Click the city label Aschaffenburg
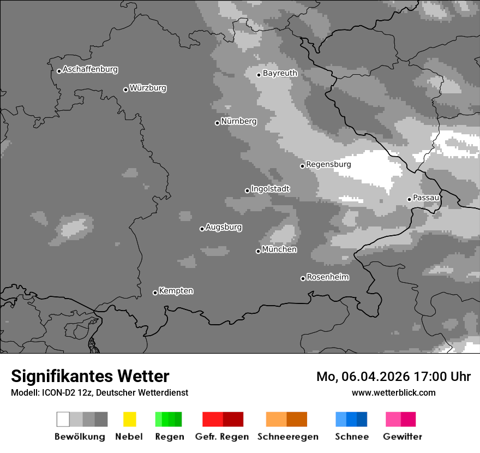tap(90, 69)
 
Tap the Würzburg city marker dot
tap(125, 90)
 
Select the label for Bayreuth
tap(280, 73)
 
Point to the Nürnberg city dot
tap(217, 123)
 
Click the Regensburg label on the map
tap(328, 164)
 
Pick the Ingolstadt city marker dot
tap(247, 190)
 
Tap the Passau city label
tap(426, 198)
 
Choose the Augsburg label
tap(224, 227)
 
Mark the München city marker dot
tap(258, 251)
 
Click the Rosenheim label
tap(327, 277)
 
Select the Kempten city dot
tap(155, 293)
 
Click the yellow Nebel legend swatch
tap(129, 419)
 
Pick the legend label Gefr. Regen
tap(222, 437)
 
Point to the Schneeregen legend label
tap(287, 437)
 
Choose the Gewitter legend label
tap(403, 437)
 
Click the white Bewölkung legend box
tap(63, 419)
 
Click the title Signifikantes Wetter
tap(90, 377)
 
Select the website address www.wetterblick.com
tap(393, 392)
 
